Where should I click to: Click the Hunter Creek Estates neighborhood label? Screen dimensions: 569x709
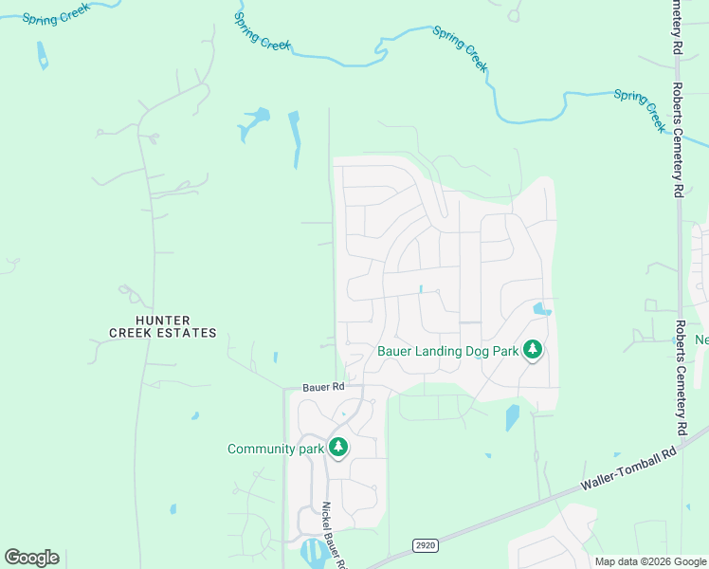pos(162,326)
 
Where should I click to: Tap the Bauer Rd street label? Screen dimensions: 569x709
pos(322,387)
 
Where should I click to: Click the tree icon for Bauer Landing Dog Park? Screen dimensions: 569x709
pos(533,350)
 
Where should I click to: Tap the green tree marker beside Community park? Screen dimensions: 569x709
pos(338,448)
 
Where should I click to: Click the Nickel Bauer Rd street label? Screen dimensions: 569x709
pos(333,535)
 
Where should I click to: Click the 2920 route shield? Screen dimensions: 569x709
pos(426,544)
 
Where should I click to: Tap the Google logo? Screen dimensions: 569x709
pos(31,558)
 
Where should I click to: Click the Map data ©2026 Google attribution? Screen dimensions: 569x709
pos(650,561)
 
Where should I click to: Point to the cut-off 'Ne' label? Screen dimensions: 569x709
pos(701,340)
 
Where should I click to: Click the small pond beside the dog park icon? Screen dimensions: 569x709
pos(541,309)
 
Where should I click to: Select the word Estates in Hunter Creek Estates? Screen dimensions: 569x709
pos(189,333)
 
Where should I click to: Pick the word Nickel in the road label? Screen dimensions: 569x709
pos(327,516)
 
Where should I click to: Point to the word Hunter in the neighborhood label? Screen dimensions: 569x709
pos(162,320)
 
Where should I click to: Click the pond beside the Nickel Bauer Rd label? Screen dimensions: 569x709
pos(311,551)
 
